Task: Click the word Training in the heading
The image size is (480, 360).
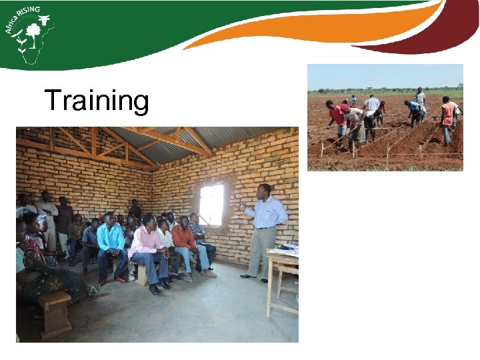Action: (97, 101)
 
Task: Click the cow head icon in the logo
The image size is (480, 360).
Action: (45, 21)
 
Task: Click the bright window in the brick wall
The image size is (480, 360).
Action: (211, 204)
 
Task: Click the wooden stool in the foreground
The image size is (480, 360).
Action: (55, 313)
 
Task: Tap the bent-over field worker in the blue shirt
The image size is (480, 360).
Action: (413, 111)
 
